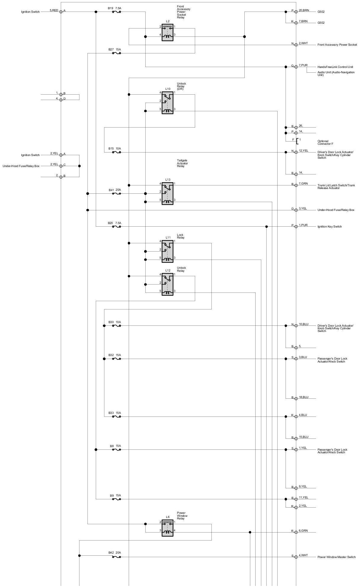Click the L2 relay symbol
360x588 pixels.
168,32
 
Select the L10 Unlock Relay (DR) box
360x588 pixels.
168,103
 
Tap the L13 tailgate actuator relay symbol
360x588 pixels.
168,193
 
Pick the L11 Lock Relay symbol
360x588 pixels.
168,251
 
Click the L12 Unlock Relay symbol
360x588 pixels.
168,285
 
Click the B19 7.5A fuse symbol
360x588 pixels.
117,12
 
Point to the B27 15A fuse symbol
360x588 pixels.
117,53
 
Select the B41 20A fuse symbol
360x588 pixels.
117,194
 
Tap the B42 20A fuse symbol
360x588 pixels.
117,557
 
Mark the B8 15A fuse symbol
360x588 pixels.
117,450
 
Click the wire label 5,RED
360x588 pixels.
54,10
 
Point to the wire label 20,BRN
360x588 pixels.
304,10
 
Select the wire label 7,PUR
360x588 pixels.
303,65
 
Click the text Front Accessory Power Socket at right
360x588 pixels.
337,45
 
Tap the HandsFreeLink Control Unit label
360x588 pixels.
335,67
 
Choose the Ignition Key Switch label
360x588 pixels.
329,227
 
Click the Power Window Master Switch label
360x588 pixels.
336,557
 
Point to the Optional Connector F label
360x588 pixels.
325,142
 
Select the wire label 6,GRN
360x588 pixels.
303,531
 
